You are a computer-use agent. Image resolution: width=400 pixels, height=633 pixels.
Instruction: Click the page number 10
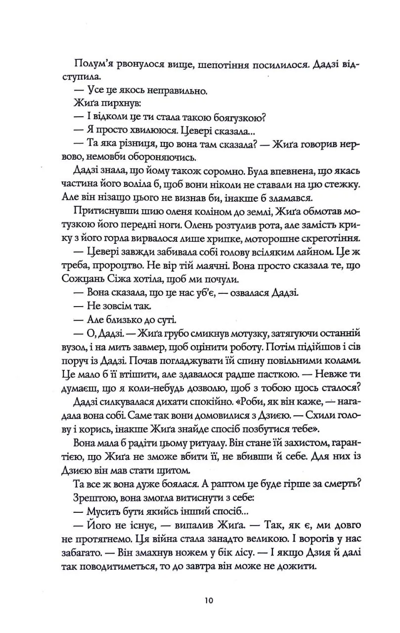(x=207, y=602)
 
